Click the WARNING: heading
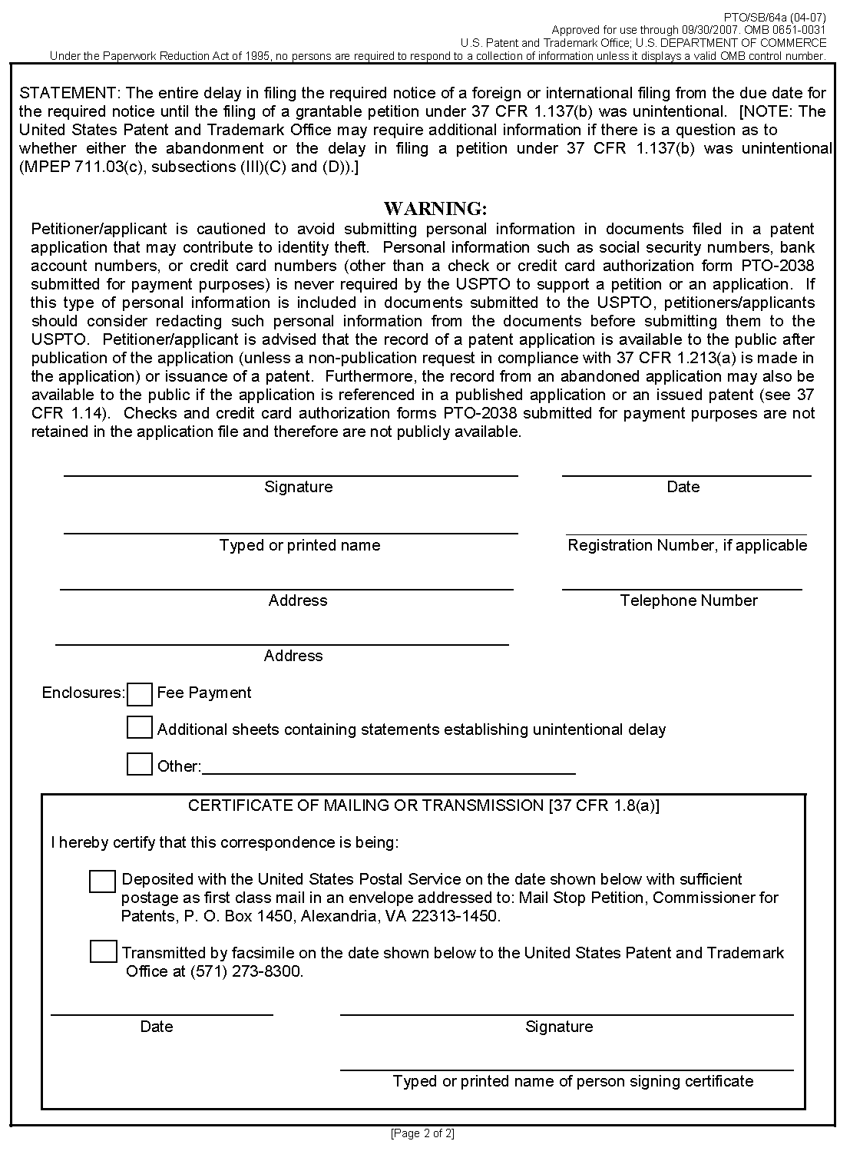click(435, 209)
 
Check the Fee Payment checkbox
click(140, 694)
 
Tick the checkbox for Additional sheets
click(140, 728)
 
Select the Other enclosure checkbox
click(140, 764)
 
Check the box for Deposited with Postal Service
click(103, 881)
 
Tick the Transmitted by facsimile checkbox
click(103, 952)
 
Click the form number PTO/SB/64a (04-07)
click(776, 16)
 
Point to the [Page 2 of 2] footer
click(423, 1133)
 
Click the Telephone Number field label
click(689, 600)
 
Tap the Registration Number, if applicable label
click(687, 545)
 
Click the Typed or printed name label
click(299, 545)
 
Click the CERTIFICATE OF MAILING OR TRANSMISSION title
click(423, 805)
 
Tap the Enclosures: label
click(83, 693)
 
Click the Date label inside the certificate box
click(157, 1027)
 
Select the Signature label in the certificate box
click(559, 1027)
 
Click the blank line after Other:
click(389, 767)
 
